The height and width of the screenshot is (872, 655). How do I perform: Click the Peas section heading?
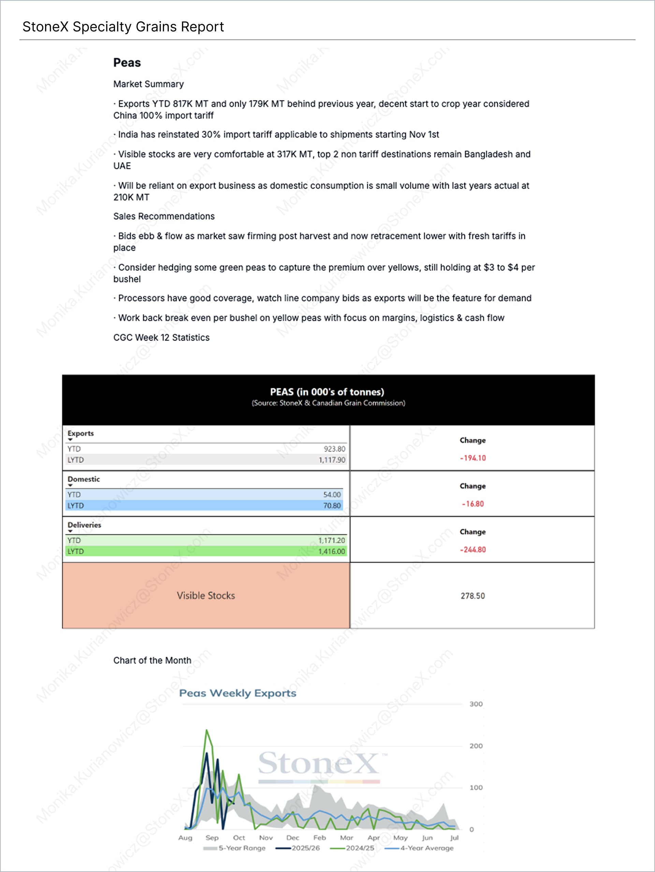pos(127,63)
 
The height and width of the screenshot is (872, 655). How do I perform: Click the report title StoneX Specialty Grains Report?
pos(123,27)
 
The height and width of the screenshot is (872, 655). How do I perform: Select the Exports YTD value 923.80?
pos(334,449)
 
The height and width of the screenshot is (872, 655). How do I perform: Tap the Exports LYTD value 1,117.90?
pos(332,460)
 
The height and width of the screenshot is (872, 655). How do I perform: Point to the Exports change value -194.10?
pos(472,458)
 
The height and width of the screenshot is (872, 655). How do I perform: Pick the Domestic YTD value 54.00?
pos(332,495)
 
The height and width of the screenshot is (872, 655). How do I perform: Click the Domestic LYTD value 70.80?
pos(332,506)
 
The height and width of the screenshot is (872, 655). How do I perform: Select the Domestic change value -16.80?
pos(472,504)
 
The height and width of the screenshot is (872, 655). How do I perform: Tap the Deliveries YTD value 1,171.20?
pos(332,540)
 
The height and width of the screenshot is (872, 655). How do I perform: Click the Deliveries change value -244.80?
pos(472,550)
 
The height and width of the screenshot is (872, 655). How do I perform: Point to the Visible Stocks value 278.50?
pos(472,596)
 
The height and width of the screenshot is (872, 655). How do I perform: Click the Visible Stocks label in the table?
pos(206,596)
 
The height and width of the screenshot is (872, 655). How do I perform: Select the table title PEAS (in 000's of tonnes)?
pos(327,392)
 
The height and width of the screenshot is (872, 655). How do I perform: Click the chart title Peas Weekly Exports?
pos(237,693)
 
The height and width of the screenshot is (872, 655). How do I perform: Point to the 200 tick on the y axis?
pos(476,746)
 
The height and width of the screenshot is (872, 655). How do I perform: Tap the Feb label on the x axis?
pos(319,838)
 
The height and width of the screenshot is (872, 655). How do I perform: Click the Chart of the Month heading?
pos(152,660)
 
